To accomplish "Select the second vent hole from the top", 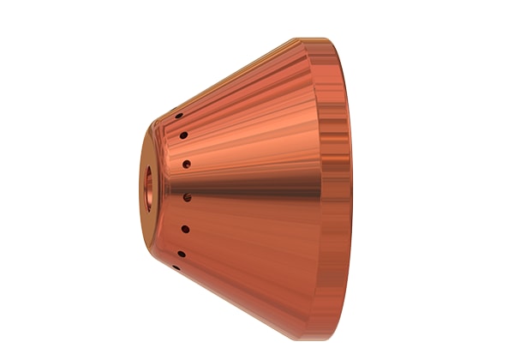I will [x=182, y=135].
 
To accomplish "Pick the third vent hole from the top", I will [x=186, y=163].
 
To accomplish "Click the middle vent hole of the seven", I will [x=187, y=197].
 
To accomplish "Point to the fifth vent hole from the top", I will [x=184, y=228].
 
